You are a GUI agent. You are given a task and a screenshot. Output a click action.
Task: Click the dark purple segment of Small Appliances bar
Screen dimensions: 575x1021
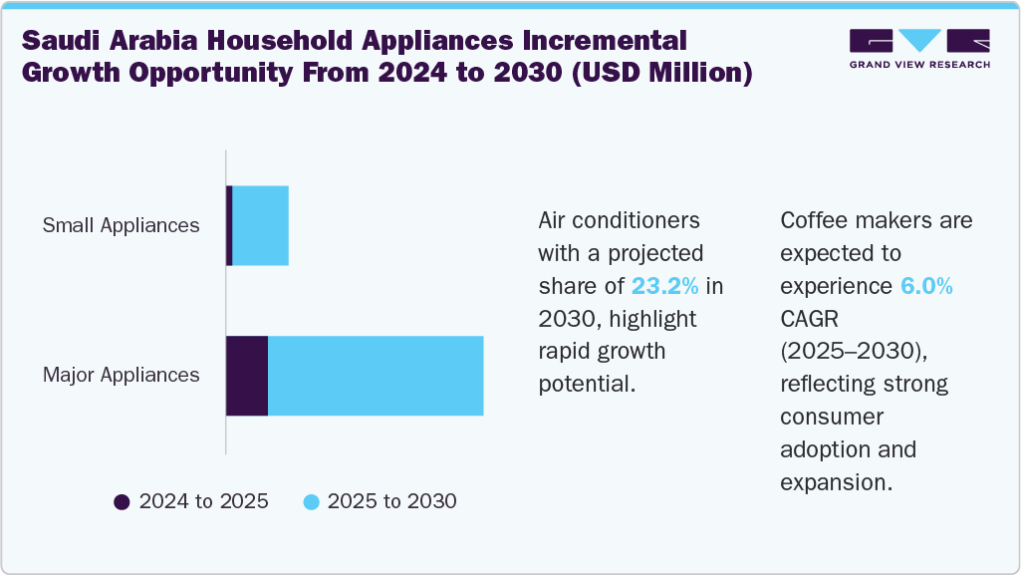(229, 225)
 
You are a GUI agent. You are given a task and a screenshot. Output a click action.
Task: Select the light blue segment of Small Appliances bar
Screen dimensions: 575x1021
(260, 225)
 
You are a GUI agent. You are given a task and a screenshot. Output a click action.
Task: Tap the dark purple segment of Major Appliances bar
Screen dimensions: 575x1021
(247, 376)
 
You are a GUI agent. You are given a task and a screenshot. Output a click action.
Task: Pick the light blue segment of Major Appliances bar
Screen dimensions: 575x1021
(376, 376)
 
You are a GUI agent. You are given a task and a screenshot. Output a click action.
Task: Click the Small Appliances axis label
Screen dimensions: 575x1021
(121, 225)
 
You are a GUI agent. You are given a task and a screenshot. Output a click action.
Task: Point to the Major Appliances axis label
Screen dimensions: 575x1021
(121, 376)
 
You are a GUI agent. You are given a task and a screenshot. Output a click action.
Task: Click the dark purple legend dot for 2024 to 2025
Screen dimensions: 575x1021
(123, 502)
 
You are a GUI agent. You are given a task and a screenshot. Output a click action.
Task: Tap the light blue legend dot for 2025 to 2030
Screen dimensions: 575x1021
(311, 502)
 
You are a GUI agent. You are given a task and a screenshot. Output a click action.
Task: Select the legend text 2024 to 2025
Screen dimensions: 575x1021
(203, 501)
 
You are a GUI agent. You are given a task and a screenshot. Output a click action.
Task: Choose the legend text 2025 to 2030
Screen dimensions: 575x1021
(391, 501)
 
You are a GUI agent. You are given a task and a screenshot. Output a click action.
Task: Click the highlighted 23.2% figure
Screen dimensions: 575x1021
(665, 286)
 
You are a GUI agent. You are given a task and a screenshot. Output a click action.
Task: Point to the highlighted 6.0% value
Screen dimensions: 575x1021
(927, 286)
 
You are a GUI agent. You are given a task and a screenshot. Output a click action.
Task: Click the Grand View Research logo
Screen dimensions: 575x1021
(919, 41)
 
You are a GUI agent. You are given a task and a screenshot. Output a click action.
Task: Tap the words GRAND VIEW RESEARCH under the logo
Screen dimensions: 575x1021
(919, 65)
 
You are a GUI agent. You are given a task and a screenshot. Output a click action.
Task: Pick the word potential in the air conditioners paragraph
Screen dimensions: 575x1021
(586, 384)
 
